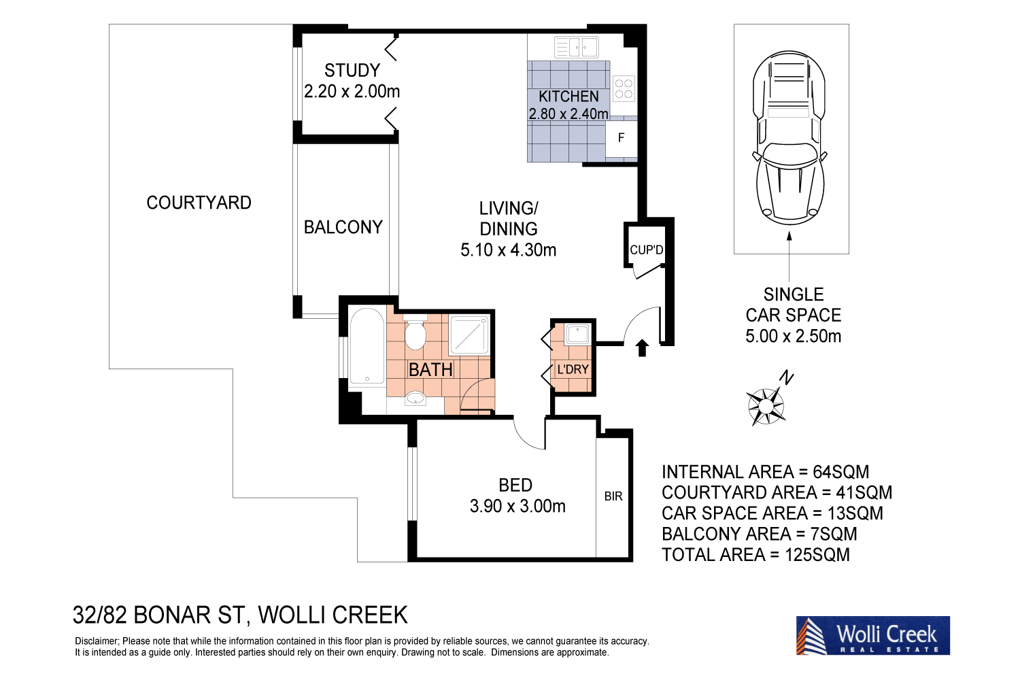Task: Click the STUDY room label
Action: coord(352,71)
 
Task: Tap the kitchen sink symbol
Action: coord(577,47)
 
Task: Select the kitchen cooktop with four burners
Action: coord(624,88)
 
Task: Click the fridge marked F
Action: coord(621,138)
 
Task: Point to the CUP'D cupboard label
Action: coord(646,250)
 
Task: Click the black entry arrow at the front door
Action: coord(641,347)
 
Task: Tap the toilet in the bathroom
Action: coord(415,334)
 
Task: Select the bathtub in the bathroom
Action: coord(367,348)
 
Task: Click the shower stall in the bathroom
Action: coord(469,335)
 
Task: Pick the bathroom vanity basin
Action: coord(415,398)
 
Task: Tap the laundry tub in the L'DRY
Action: coord(577,334)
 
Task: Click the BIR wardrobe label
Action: coord(613,496)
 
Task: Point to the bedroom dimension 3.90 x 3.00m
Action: coord(517,507)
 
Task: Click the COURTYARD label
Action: coord(199,203)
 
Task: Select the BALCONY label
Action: coord(343,227)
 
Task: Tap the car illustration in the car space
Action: coord(789,139)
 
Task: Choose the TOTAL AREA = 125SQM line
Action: coord(755,555)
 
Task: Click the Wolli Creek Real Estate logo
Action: coord(872,636)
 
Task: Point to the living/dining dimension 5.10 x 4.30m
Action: coord(508,250)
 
